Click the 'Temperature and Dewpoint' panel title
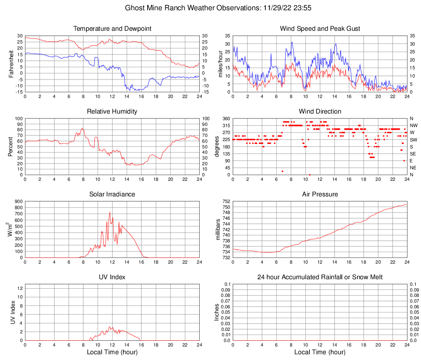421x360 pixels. (x=112, y=29)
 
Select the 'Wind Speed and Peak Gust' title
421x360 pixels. (x=320, y=29)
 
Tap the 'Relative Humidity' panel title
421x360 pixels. (x=112, y=112)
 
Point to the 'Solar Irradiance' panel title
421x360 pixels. (x=112, y=194)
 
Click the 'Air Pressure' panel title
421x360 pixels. (x=320, y=194)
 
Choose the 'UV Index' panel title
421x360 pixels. (x=112, y=277)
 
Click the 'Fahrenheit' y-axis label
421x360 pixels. (x=11, y=64)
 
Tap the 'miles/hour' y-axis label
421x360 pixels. (x=220, y=64)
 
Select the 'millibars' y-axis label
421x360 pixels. (x=218, y=230)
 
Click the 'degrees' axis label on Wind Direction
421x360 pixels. (x=217, y=147)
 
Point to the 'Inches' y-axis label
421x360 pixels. (x=217, y=312)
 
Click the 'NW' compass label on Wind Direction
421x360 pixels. (x=414, y=125)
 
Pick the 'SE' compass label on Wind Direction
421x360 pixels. (x=413, y=154)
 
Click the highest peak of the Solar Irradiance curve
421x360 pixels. (x=110, y=212)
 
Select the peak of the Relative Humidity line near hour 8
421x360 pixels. (x=82, y=128)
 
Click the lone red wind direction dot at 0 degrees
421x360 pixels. (x=309, y=175)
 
